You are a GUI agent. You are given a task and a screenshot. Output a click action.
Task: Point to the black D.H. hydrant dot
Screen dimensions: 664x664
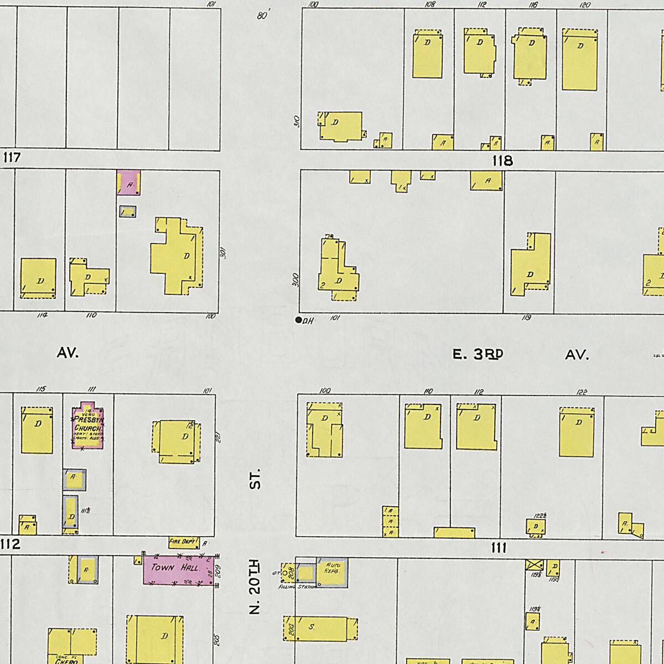point(299,320)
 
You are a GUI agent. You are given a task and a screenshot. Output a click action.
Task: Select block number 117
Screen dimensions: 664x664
point(12,158)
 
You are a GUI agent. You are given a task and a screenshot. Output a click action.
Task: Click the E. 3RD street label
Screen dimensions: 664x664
point(478,355)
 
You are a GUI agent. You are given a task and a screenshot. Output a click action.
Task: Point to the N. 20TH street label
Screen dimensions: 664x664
point(255,587)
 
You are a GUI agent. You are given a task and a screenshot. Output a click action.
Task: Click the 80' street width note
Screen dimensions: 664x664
point(262,16)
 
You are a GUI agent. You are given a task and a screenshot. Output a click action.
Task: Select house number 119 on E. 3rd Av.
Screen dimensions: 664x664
point(526,318)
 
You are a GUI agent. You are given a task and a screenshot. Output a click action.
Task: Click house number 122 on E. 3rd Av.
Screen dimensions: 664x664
point(581,392)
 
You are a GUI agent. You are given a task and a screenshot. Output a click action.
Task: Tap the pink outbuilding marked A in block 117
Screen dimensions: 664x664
point(128,183)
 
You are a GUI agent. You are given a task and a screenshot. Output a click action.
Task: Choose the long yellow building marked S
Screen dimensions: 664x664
point(321,629)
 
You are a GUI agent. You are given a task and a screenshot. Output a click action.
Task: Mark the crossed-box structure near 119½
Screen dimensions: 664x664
point(533,566)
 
